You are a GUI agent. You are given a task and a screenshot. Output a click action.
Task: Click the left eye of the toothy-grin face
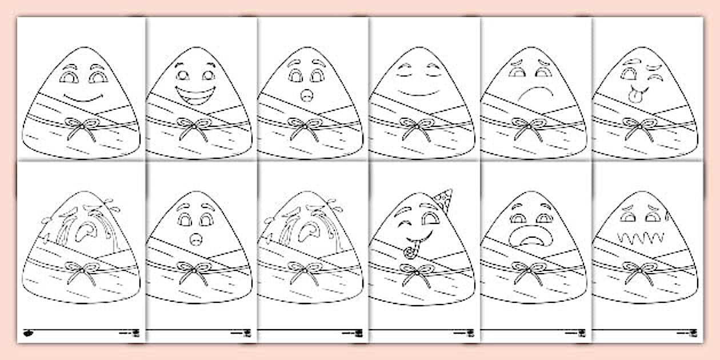tap(182, 75)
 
